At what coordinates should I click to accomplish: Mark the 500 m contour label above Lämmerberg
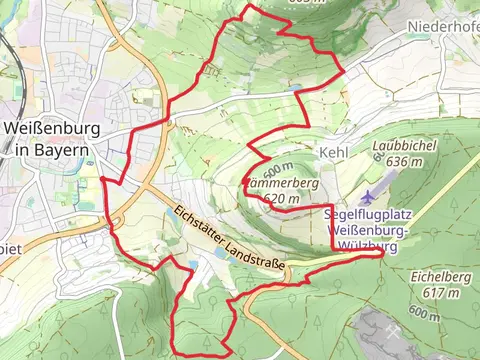(278, 167)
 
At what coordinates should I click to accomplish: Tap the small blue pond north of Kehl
(296, 88)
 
